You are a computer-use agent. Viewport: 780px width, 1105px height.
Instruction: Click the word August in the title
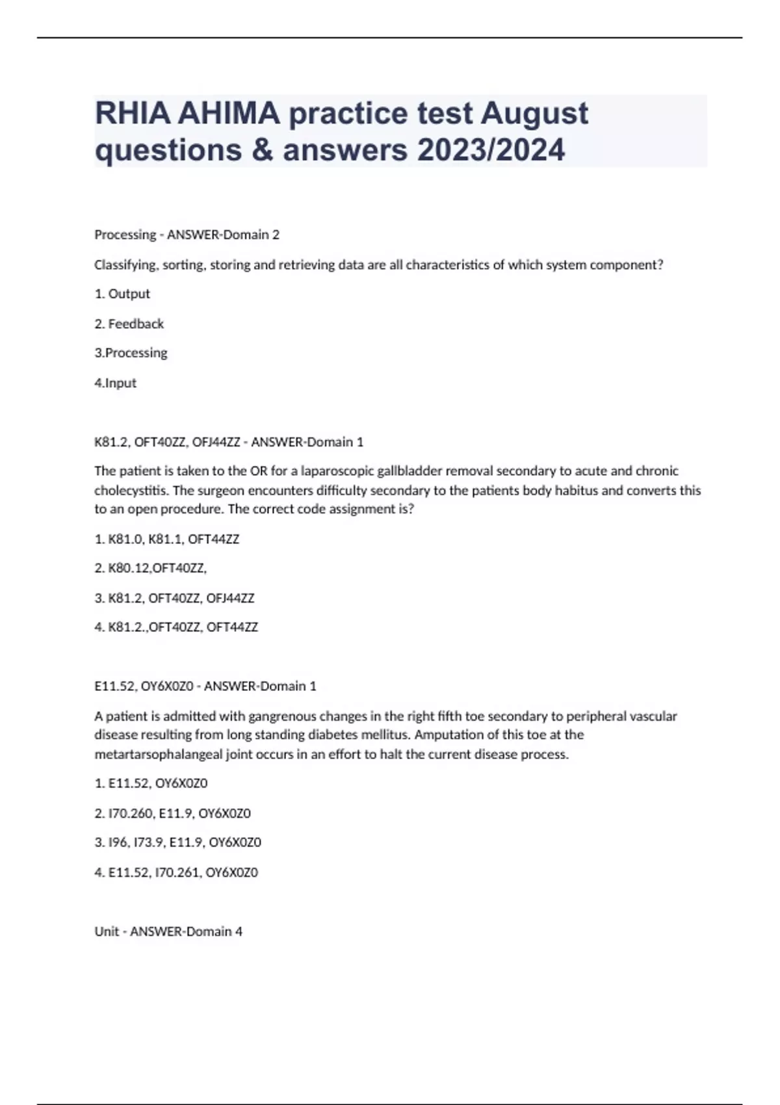point(534,114)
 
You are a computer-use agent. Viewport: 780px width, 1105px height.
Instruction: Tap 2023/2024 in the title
point(491,150)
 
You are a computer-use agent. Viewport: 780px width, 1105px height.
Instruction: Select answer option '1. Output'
point(122,294)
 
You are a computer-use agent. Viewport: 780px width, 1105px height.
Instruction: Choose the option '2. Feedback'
point(129,324)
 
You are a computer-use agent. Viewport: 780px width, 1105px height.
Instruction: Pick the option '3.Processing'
point(131,353)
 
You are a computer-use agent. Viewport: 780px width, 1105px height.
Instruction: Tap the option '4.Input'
point(115,383)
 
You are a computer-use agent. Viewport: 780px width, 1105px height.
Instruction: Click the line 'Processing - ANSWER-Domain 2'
point(187,235)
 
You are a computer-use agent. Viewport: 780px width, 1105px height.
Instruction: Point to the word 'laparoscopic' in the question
point(337,471)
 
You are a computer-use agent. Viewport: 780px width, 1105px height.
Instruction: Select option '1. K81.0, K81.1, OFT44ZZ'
point(167,539)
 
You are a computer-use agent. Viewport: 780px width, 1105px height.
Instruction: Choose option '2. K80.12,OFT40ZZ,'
point(151,568)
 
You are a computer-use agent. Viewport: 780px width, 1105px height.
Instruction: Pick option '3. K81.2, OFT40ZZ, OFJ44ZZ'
point(174,598)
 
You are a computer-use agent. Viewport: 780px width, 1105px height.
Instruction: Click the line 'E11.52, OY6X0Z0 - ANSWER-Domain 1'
point(205,686)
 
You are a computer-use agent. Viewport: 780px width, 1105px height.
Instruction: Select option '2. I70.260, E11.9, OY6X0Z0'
point(172,813)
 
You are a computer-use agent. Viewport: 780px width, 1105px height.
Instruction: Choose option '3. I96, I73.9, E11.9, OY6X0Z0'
point(177,842)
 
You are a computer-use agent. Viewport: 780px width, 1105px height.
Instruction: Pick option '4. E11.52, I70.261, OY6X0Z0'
point(176,872)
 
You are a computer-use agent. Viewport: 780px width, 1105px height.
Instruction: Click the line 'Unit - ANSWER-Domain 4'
point(168,931)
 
